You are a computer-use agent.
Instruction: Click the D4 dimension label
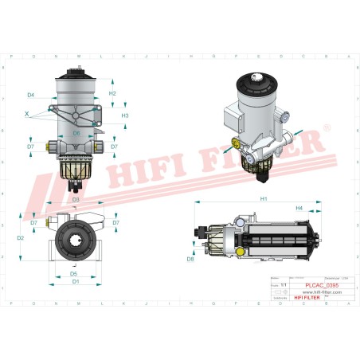point(30,95)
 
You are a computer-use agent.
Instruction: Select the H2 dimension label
point(112,94)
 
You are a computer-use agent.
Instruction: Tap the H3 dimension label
point(125,115)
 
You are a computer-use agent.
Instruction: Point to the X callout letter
point(26,114)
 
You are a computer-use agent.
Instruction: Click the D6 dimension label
point(76,133)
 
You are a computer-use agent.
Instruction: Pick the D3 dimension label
point(76,198)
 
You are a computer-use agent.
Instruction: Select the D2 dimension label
point(20,237)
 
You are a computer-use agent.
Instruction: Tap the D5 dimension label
point(73,274)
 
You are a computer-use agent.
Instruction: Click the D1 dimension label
point(75,282)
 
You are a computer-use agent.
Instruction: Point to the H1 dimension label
point(262,198)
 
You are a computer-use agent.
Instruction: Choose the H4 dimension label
point(299,208)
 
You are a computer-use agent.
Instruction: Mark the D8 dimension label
point(190,259)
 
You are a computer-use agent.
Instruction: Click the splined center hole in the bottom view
point(76,238)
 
